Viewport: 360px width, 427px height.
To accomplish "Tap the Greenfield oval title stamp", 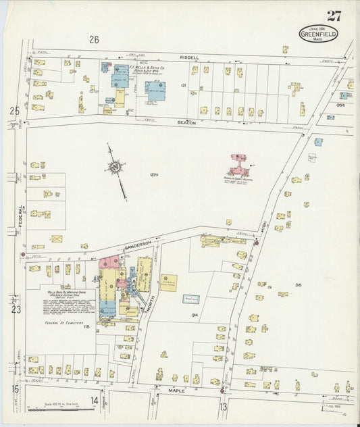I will [319, 34].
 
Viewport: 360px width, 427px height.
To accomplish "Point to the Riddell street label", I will [189, 58].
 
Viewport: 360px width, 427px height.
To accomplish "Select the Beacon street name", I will [187, 123].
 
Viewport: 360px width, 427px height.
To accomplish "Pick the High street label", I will [262, 230].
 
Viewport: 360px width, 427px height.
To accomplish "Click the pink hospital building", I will [238, 165].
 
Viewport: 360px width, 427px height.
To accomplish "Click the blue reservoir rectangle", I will [191, 299].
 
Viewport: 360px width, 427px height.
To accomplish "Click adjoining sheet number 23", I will [15, 310].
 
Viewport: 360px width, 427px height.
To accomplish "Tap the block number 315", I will [298, 285].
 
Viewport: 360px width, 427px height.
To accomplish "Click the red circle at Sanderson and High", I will [256, 242].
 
